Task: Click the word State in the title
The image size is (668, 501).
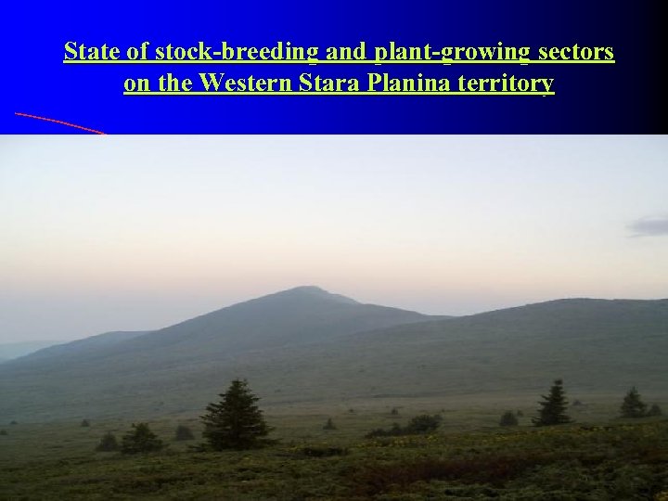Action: pyautogui.click(x=87, y=52)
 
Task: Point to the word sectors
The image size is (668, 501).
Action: pyautogui.click(x=577, y=52)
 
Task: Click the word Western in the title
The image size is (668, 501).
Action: pyautogui.click(x=244, y=83)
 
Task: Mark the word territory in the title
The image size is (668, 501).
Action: pyautogui.click(x=507, y=83)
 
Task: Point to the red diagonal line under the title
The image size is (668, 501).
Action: pyautogui.click(x=60, y=122)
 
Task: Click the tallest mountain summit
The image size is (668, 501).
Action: pyautogui.click(x=312, y=290)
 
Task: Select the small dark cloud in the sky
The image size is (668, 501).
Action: pyautogui.click(x=648, y=225)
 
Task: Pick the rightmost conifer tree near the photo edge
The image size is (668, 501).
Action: pyautogui.click(x=635, y=403)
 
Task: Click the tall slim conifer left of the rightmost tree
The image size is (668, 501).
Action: pyautogui.click(x=555, y=403)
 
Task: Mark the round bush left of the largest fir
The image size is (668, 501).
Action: pyautogui.click(x=142, y=438)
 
